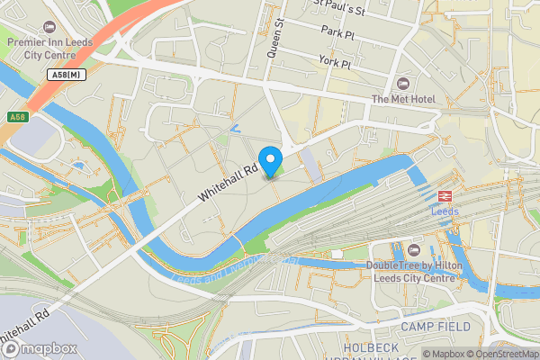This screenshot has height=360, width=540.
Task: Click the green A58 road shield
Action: tap(17, 118)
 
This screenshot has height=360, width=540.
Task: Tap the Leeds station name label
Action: tap(445, 211)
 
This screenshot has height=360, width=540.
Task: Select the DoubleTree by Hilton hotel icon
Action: tap(413, 249)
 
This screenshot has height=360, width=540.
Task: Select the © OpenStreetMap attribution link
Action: tap(503, 354)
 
